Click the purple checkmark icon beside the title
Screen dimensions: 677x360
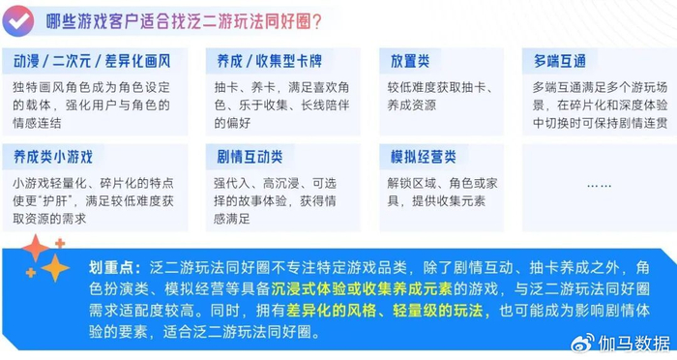tap(18, 20)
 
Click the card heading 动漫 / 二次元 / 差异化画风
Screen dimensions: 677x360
tap(92, 61)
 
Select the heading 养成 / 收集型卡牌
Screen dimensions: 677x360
tap(270, 61)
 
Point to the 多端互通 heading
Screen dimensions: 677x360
tap(560, 61)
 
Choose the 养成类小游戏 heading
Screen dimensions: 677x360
tap(53, 157)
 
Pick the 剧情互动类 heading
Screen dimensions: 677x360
tap(250, 157)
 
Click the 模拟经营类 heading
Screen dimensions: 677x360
tap(424, 157)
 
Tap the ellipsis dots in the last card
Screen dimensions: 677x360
tap(600, 186)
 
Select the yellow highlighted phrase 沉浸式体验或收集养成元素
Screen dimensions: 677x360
tap(362, 289)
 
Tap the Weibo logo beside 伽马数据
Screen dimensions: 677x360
tap(583, 344)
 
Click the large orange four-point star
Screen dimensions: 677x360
tap(36, 248)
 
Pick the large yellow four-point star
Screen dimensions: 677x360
tap(55, 268)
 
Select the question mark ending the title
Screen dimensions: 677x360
tap(316, 21)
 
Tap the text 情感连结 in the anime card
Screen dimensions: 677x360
tap(37, 123)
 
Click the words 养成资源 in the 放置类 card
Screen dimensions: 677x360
tap(411, 105)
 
